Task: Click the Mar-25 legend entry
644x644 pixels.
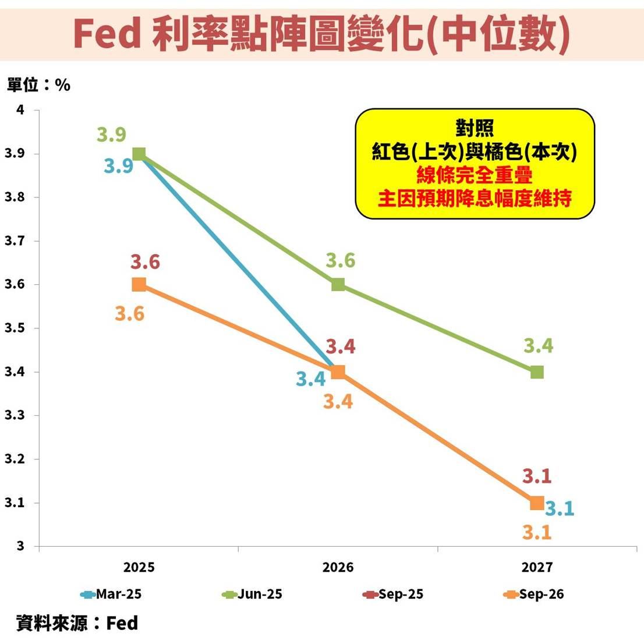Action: [111, 595]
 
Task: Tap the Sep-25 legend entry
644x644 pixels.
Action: [393, 595]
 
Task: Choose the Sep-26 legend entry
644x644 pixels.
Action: [534, 595]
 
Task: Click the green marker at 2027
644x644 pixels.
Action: [537, 371]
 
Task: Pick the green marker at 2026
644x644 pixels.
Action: [338, 284]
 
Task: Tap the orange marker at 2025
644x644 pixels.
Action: [139, 284]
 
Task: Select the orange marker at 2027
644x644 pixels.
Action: [537, 503]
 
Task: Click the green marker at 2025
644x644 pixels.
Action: [139, 154]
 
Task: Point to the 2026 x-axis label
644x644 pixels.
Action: [338, 567]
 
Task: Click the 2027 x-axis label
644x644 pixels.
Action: [537, 567]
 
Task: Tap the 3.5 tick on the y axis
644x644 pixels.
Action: [15, 328]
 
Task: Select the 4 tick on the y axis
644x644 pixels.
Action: [20, 110]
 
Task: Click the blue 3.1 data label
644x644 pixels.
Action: [560, 509]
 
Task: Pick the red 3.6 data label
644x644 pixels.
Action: [145, 262]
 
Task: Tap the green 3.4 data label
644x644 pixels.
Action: [538, 346]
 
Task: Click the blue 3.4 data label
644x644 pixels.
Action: [311, 379]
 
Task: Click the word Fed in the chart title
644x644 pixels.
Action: [108, 34]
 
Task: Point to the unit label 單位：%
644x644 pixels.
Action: [38, 85]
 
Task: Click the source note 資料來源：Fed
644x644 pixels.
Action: [77, 623]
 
